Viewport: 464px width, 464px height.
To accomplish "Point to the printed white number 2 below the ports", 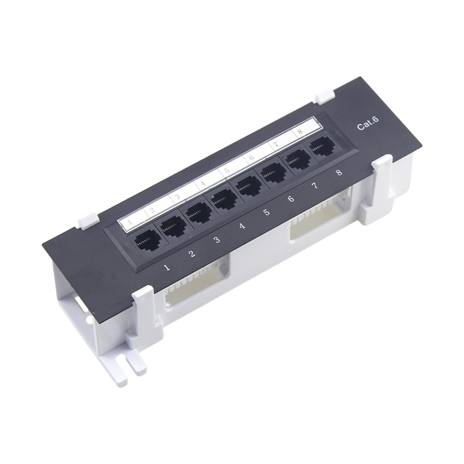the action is coord(192,254).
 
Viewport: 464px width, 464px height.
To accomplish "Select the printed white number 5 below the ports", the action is coord(267,213).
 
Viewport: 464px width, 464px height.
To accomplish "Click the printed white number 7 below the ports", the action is coord(315,186).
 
